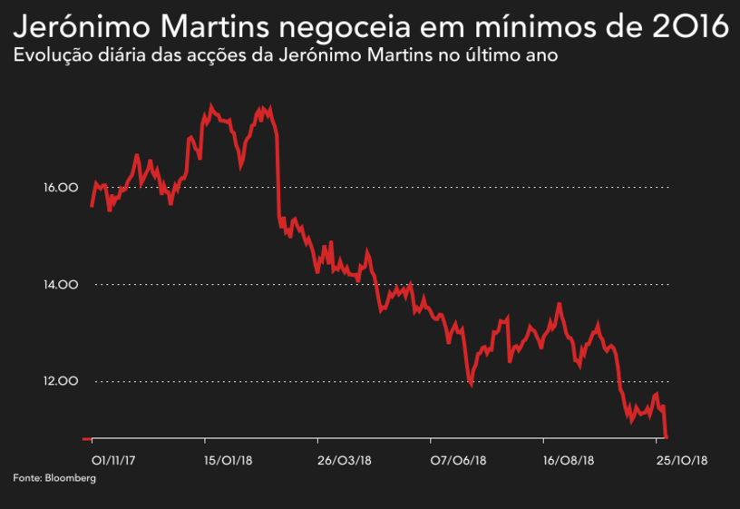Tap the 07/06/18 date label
click(x=456, y=461)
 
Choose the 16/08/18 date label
click(x=569, y=461)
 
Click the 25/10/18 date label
click(x=681, y=461)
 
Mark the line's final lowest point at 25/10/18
click(x=667, y=436)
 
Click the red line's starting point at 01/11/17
click(x=92, y=206)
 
